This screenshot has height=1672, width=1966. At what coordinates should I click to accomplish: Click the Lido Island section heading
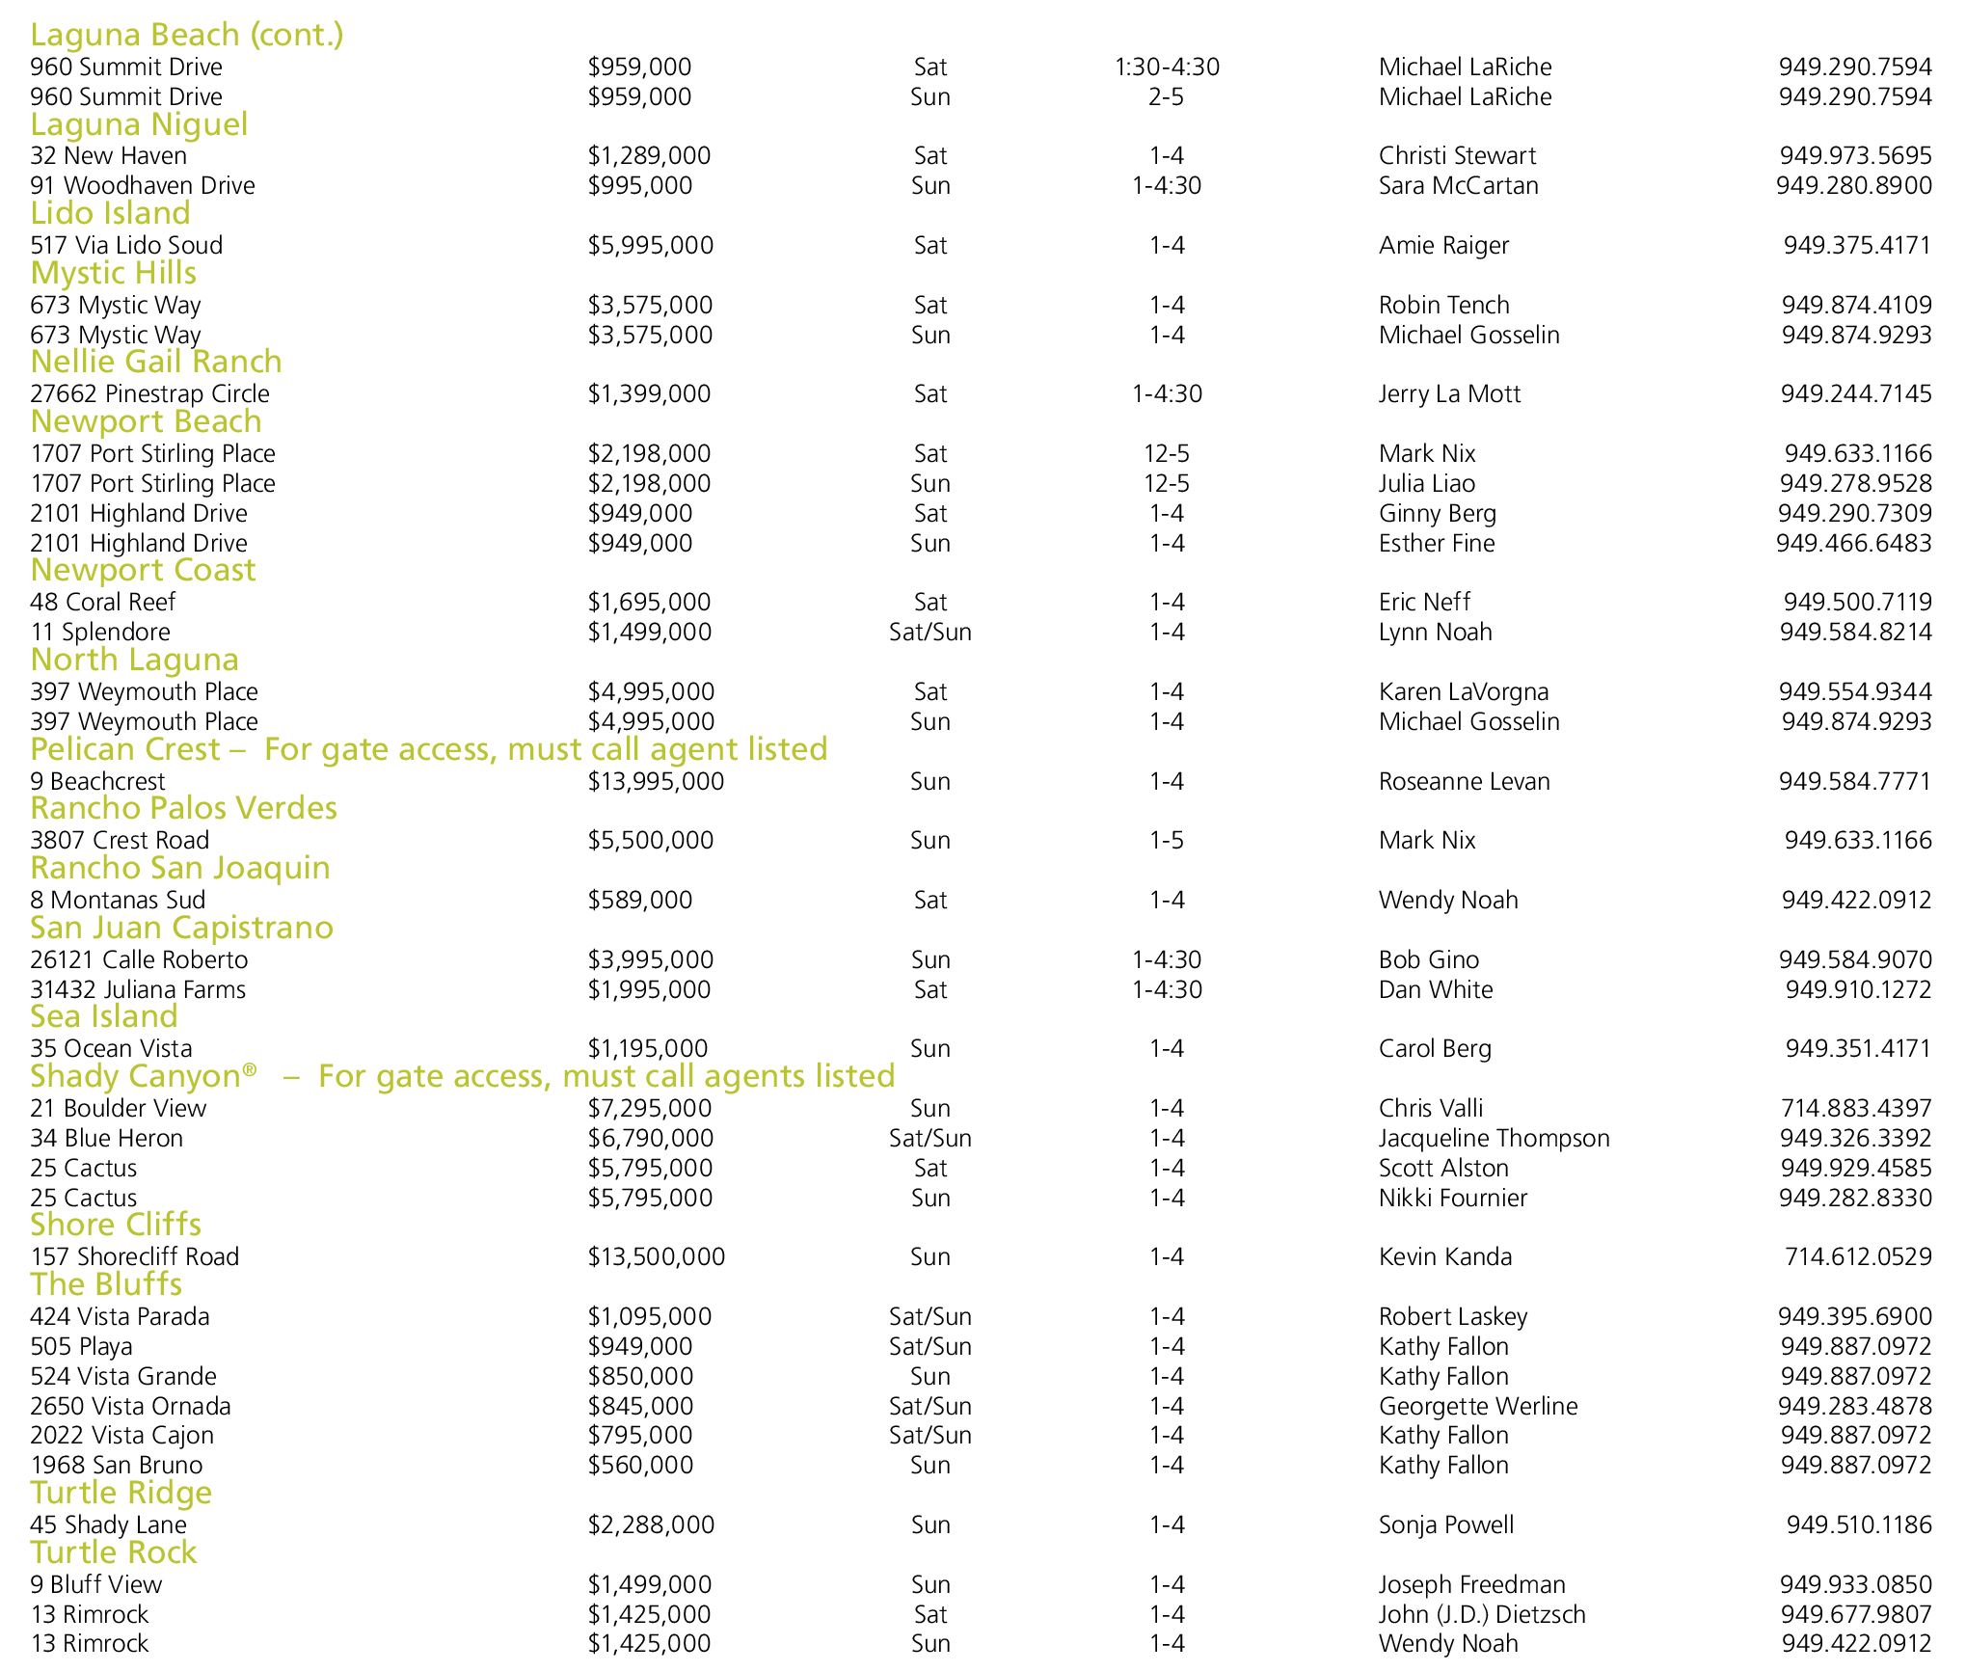pos(110,213)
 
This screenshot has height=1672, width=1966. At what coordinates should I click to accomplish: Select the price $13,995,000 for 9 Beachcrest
pos(656,781)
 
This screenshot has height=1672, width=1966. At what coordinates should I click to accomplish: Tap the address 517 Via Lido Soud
pos(126,245)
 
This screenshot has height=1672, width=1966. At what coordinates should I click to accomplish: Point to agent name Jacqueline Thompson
pos(1494,1138)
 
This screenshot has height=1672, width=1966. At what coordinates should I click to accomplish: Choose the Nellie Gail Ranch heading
pos(156,362)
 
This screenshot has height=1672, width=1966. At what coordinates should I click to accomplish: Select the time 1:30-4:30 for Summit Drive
pos(1167,67)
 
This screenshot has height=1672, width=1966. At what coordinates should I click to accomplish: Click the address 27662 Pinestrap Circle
pos(149,393)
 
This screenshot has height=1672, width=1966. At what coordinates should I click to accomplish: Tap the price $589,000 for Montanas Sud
pos(640,900)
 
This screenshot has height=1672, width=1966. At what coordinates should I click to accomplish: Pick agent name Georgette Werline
pos(1478,1406)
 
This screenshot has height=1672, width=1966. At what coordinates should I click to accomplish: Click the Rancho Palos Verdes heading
pos(183,808)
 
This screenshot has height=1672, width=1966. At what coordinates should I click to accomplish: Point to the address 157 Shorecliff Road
pos(134,1256)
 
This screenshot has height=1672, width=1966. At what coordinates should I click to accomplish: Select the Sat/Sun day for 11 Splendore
pos(930,632)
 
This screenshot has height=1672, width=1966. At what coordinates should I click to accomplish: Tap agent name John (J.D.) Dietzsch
pos(1482,1614)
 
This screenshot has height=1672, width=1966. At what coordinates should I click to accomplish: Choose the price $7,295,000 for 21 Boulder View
pos(650,1108)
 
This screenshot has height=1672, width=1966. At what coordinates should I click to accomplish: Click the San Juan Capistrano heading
pos(181,928)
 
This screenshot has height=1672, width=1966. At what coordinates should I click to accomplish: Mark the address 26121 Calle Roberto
pos(139,959)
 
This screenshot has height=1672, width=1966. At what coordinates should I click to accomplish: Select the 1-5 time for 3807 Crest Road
pos(1167,840)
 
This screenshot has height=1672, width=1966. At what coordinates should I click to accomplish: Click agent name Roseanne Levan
pos(1464,781)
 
